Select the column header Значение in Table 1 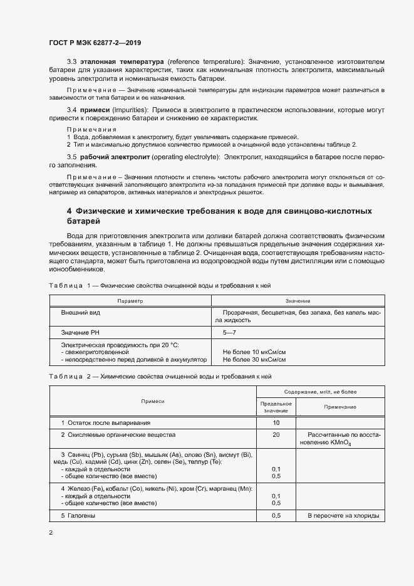click(x=298, y=301)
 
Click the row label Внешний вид click(x=80, y=311)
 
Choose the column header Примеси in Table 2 click(x=153, y=400)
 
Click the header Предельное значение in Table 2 click(x=276, y=407)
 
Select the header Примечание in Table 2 click(x=340, y=407)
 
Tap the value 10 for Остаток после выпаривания click(x=276, y=423)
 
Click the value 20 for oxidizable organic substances click(x=276, y=434)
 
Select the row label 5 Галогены click(x=78, y=515)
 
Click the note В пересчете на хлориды click(x=343, y=515)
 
